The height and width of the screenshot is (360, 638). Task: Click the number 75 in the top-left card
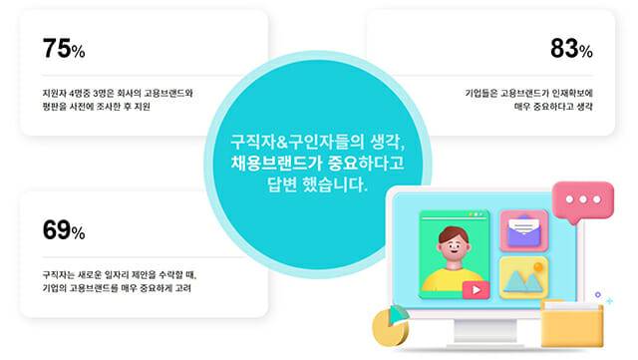coord(56,48)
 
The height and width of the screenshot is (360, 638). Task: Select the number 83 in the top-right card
coord(563,48)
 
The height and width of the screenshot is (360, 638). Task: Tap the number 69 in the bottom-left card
coord(56,231)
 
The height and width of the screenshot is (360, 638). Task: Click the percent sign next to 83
coord(586,51)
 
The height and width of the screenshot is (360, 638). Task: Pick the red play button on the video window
coord(475,290)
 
